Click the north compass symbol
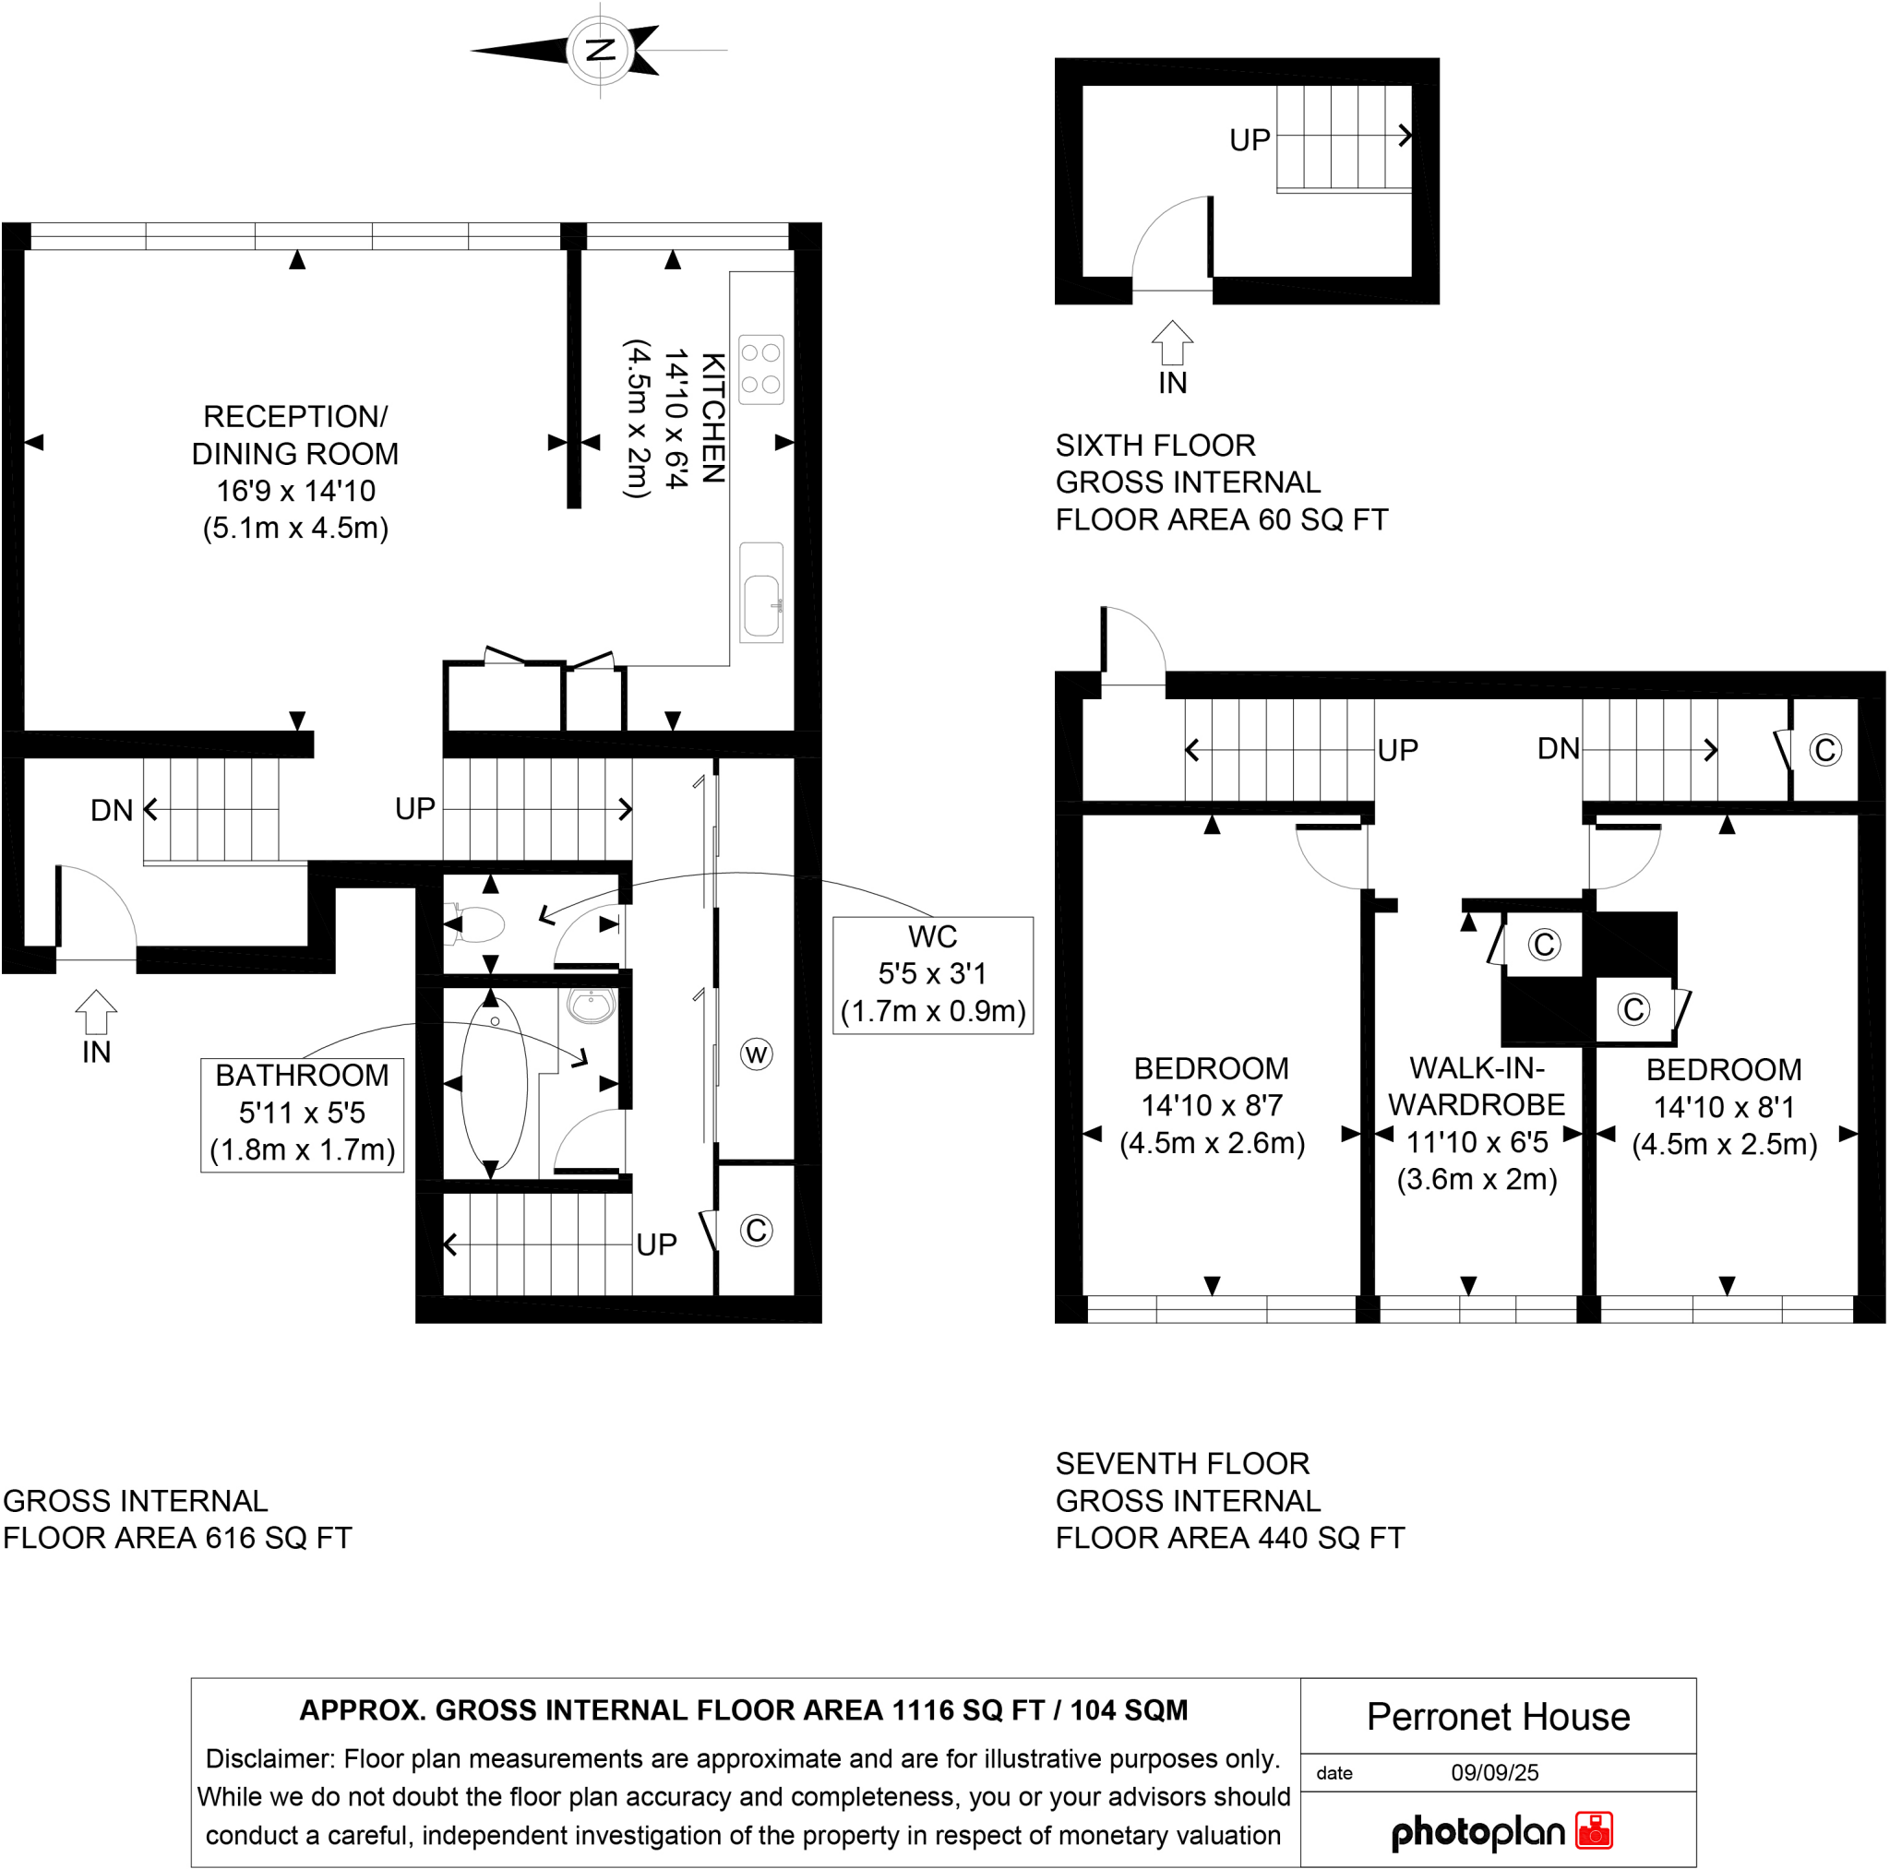[x=600, y=50]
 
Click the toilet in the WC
[x=477, y=923]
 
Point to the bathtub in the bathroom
[x=494, y=1082]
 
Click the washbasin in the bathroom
[x=591, y=1005]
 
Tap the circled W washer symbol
[x=755, y=1054]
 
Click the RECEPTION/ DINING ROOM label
[x=294, y=435]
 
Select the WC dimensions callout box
[x=931, y=974]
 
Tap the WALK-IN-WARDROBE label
[x=1476, y=1086]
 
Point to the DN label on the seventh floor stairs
[x=1558, y=749]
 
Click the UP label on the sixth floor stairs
[x=1250, y=140]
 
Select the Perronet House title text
[x=1497, y=1717]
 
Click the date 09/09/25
[x=1494, y=1772]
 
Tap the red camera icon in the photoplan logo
[x=1594, y=1830]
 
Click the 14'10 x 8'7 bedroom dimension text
[x=1211, y=1105]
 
